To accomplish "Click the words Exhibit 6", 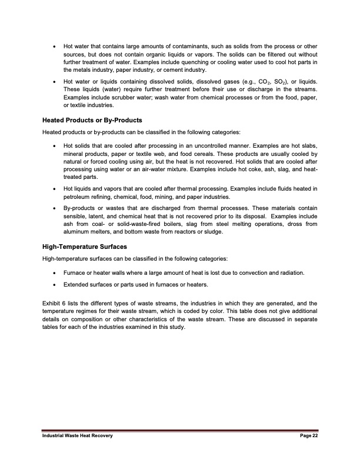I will (x=53, y=302).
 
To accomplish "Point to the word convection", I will (x=235, y=272).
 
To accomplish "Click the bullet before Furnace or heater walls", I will (x=54, y=272).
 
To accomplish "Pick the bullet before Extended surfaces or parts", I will (x=54, y=285).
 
